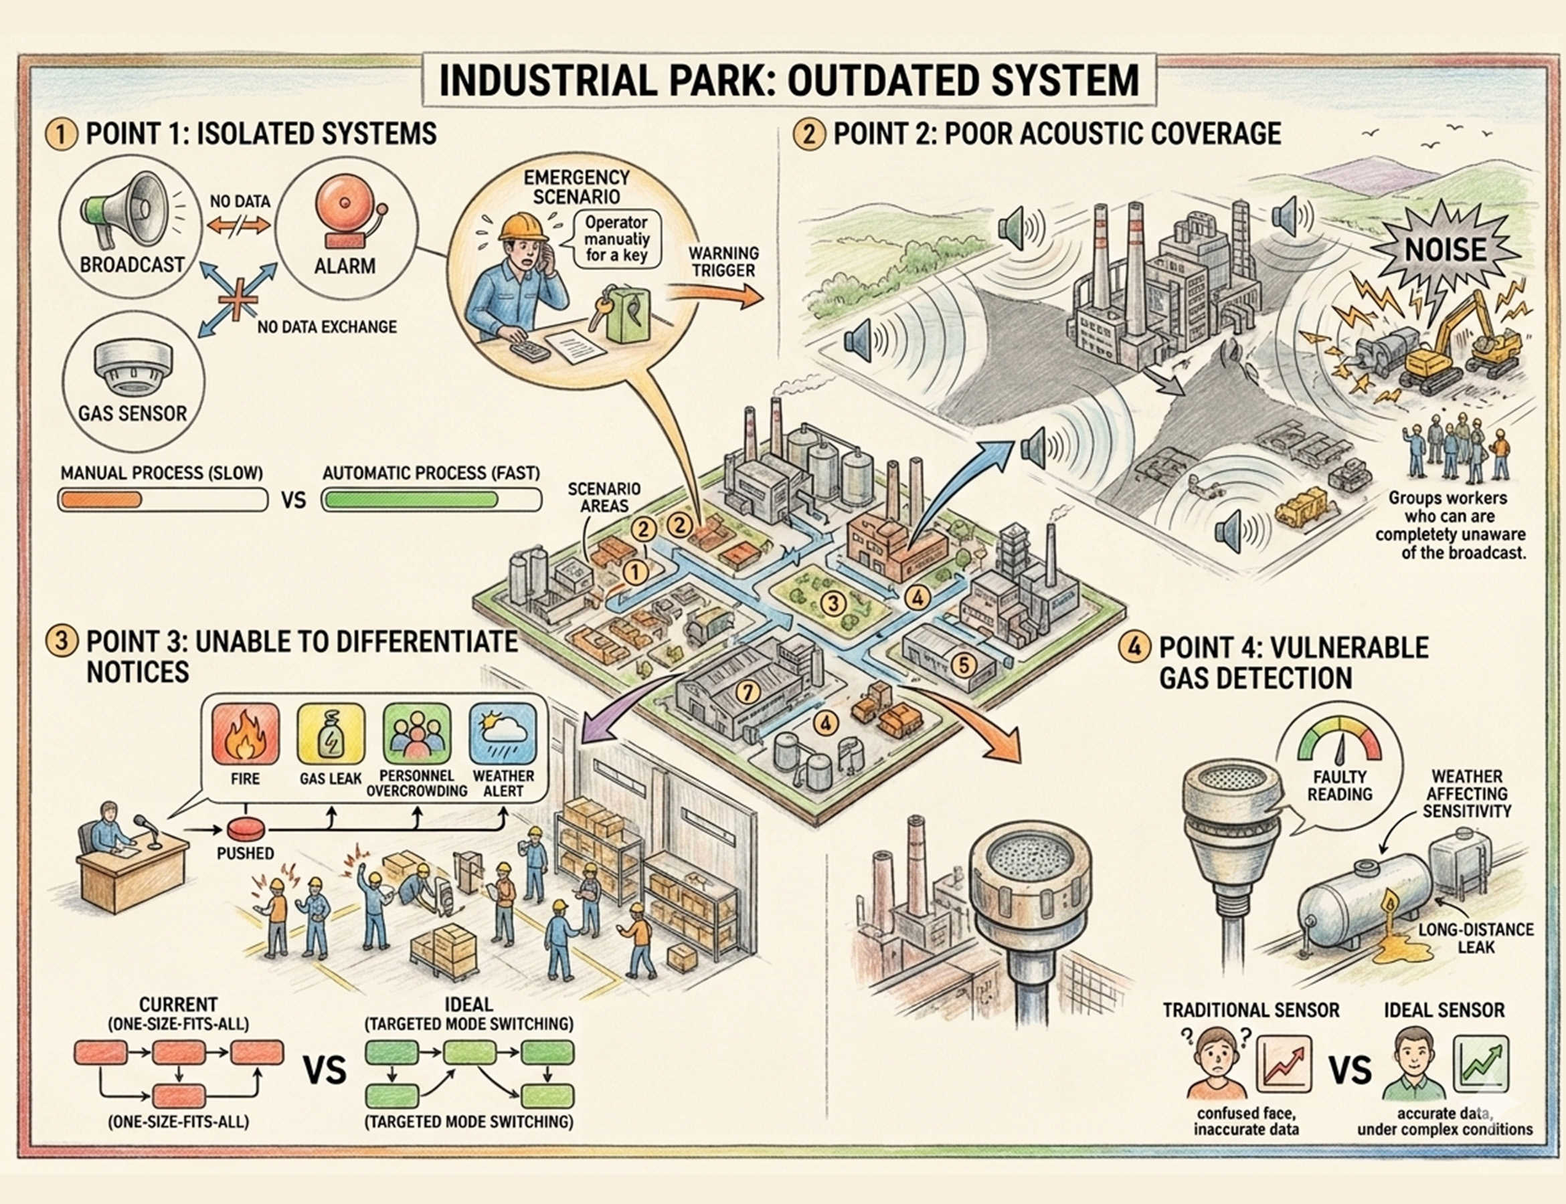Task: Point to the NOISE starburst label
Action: tap(1446, 250)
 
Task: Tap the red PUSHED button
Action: tap(247, 829)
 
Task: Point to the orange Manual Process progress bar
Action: tap(100, 500)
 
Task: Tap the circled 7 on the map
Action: tap(748, 692)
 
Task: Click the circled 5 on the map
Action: tap(964, 664)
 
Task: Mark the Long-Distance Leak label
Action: tap(1476, 938)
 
